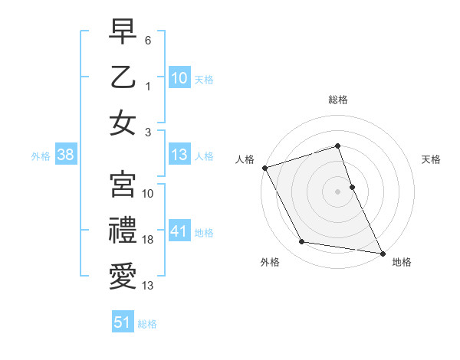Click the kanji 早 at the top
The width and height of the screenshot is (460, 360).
tap(123, 32)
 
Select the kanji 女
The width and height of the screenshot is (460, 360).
tap(123, 123)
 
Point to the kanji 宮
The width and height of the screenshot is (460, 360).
tap(123, 183)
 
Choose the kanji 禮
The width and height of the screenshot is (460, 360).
tap(123, 229)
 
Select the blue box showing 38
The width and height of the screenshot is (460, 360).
tap(65, 155)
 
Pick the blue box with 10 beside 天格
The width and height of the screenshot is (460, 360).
tap(179, 77)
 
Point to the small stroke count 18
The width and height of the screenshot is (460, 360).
tap(148, 240)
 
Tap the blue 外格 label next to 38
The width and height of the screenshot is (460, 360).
tap(41, 156)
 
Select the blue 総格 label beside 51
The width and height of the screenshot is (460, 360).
tap(147, 324)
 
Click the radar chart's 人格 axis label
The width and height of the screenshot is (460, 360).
tap(245, 159)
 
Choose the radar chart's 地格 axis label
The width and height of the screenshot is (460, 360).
tap(402, 262)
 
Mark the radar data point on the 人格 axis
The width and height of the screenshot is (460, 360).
tap(264, 168)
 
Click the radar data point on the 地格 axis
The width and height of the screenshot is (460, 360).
tap(382, 253)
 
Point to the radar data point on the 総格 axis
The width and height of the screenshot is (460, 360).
tap(337, 146)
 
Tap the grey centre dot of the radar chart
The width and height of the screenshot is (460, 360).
tap(337, 191)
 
